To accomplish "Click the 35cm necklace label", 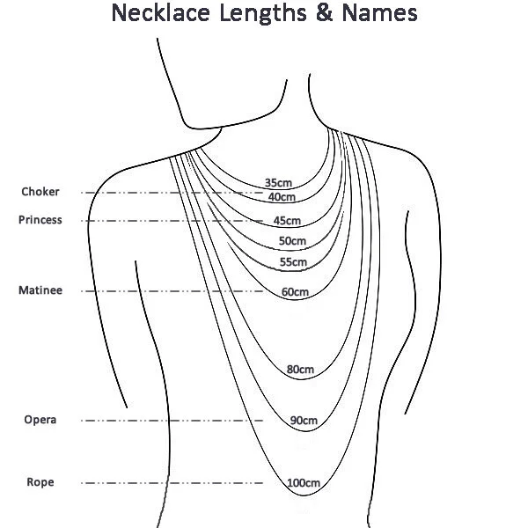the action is tap(277, 182).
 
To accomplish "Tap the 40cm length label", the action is tap(282, 197).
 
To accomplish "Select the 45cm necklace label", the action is tap(287, 220).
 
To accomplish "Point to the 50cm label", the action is tap(292, 241).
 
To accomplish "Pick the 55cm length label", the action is tap(293, 262).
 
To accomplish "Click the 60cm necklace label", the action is tap(295, 291).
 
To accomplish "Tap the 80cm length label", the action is tap(300, 370).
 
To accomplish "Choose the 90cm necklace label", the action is tap(304, 421).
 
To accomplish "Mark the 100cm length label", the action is tap(303, 482).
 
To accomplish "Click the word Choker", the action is tap(40, 192).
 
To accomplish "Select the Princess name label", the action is tap(40, 220).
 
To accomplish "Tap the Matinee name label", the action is tap(40, 290).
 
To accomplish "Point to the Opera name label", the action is tap(40, 420).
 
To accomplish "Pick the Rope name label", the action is tap(40, 482).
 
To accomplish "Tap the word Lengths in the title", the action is tap(281, 15).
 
